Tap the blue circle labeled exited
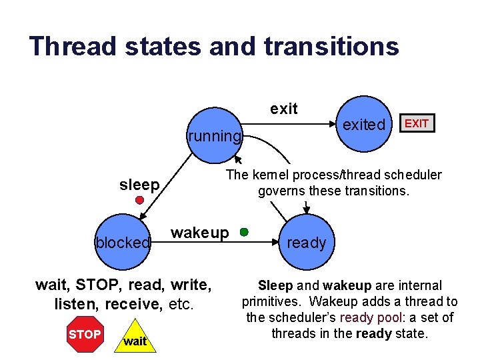point(364,125)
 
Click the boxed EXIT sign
point(417,123)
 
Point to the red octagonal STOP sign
point(85,335)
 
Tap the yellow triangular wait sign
point(135,339)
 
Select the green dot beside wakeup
point(245,232)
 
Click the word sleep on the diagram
point(139,185)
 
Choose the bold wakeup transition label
point(200,233)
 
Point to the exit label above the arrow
point(284,109)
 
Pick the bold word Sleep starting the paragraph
point(275,285)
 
